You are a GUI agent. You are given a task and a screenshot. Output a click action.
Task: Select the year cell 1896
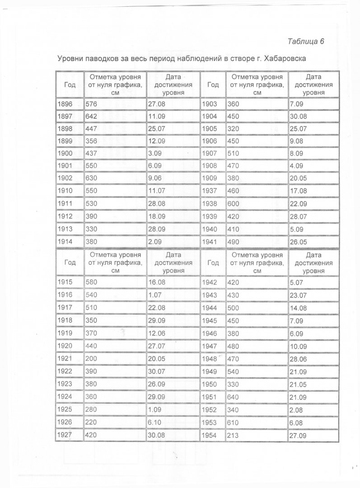(65, 104)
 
